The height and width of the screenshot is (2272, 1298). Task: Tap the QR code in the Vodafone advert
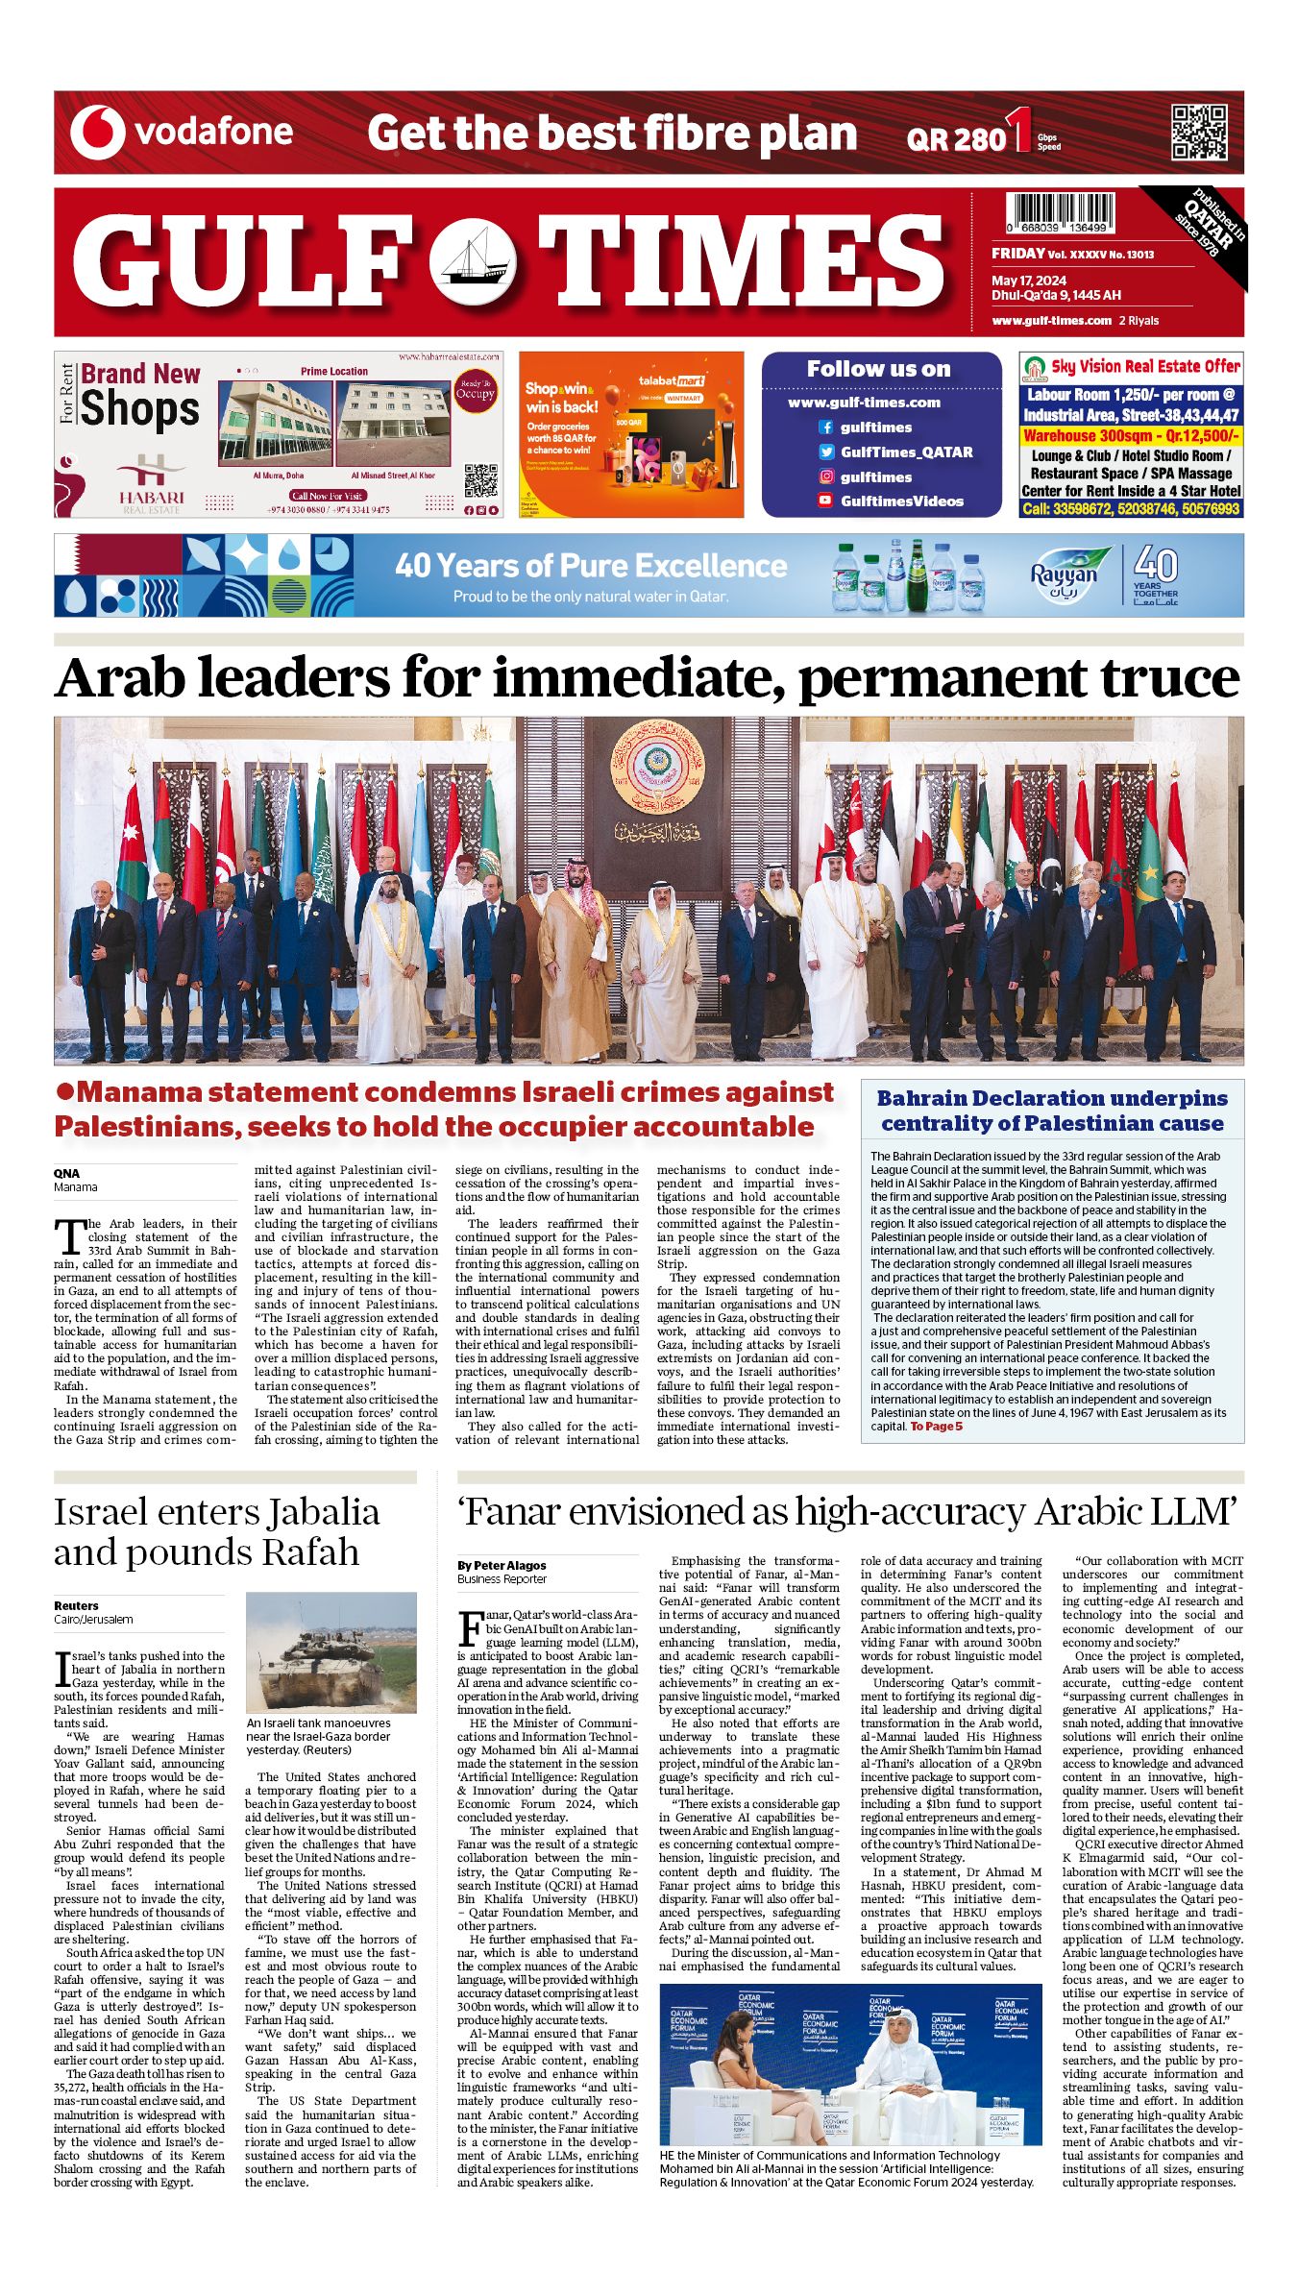(1198, 133)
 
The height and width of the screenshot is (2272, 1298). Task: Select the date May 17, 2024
(1030, 281)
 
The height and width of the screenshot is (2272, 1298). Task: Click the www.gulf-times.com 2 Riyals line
(1075, 321)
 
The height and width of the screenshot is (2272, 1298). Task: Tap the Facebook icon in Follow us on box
(825, 428)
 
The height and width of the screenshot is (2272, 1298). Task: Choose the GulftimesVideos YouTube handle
(901, 501)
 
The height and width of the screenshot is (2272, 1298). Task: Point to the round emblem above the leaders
(657, 767)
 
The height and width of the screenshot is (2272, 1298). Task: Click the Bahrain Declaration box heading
(1052, 1111)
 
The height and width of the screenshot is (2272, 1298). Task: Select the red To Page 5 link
(936, 1427)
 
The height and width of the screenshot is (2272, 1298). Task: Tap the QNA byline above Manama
(66, 1173)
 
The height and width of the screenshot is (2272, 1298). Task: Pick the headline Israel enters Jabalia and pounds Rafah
(216, 1532)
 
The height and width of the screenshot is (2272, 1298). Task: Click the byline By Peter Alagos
(502, 1566)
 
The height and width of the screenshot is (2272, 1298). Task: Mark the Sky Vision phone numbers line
(1130, 508)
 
